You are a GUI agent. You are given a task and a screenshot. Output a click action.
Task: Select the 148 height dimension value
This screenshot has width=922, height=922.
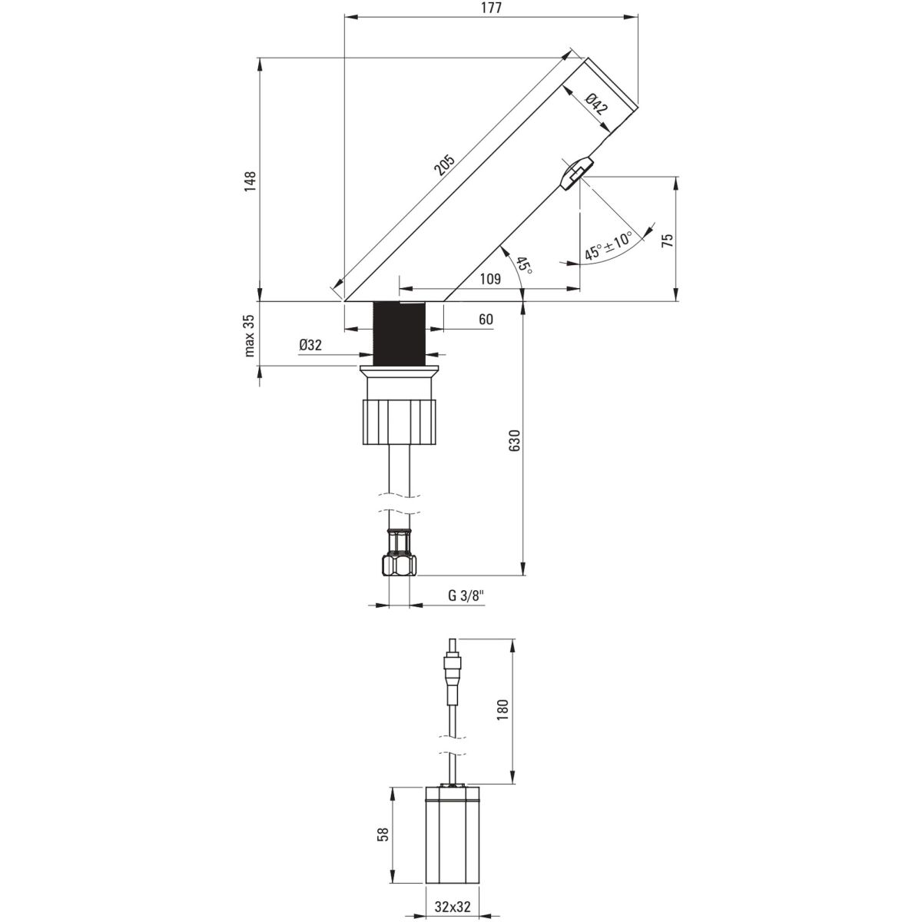coord(250,182)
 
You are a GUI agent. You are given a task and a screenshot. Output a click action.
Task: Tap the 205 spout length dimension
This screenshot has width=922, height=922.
coord(444,164)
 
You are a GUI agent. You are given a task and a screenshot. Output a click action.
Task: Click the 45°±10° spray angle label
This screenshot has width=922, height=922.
coord(609,245)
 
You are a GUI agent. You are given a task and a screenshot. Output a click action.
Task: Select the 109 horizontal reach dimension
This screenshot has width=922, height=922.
coord(490,279)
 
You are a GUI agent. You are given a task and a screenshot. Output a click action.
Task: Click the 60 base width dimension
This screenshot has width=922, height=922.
coord(486,319)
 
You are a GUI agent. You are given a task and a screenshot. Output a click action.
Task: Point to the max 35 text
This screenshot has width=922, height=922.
coord(250,336)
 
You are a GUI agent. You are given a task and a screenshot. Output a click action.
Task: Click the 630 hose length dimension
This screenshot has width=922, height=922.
coord(514,440)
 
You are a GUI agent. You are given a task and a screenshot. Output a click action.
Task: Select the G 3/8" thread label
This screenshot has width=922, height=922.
coord(466,595)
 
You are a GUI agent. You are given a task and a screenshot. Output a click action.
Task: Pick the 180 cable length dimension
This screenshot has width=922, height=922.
coord(502,710)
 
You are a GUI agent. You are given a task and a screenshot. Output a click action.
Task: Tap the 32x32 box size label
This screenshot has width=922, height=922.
coord(453,907)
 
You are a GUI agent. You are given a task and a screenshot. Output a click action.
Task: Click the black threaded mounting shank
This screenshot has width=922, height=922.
coord(399,333)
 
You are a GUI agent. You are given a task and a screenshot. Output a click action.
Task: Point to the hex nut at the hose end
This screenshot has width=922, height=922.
coord(399,565)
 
